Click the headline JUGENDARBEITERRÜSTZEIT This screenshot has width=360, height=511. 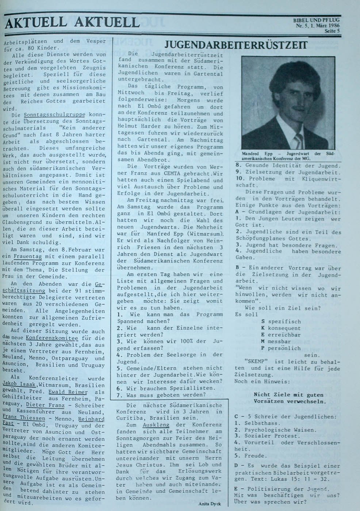236,45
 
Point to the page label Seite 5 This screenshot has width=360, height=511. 332,31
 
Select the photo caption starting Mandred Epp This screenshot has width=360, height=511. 281,156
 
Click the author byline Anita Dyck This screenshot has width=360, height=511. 209,504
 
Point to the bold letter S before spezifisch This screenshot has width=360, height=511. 263,322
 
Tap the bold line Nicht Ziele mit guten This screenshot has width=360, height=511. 288,395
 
